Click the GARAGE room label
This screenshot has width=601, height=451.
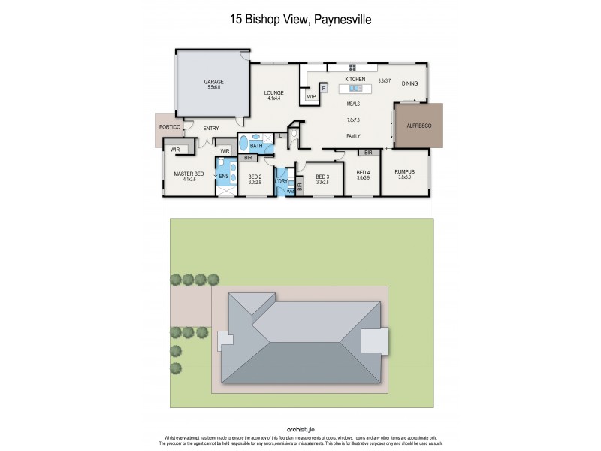pos(214,82)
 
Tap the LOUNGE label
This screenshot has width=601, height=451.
pos(273,92)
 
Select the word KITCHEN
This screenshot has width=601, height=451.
pos(355,79)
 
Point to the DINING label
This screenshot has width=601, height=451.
pos(409,83)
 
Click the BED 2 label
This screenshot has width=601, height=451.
pos(254,177)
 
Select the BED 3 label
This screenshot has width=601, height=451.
pos(323,177)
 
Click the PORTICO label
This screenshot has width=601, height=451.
pos(170,127)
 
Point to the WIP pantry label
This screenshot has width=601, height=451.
pos(310,96)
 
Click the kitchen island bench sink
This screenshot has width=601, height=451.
pos(356,89)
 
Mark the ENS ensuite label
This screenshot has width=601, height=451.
pos(223,177)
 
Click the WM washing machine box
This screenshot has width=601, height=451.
pos(290,192)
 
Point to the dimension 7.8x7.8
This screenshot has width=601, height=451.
pos(353,120)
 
